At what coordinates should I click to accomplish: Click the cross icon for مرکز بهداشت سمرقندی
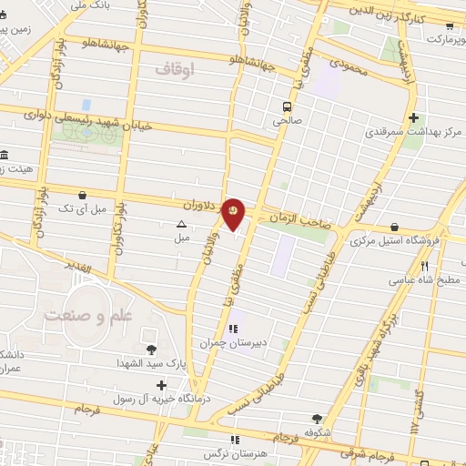point(414,116)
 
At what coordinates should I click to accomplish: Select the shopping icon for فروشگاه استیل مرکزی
point(393,227)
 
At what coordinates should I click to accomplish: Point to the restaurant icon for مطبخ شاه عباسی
point(423,266)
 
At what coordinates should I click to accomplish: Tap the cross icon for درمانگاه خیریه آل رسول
point(161,386)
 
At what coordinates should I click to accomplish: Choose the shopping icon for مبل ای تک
point(83,195)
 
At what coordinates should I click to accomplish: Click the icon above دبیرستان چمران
point(232,329)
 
